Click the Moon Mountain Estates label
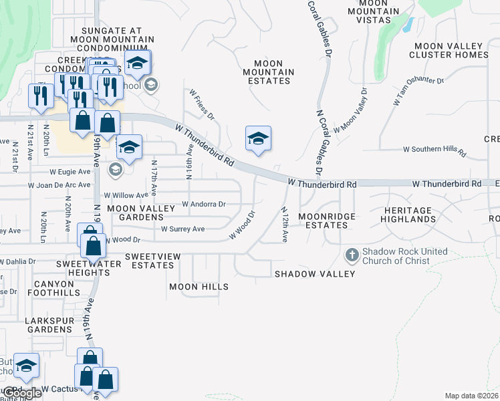[x=267, y=72]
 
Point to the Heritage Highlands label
[x=410, y=215]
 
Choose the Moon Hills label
[x=199, y=287]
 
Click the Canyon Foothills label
[x=53, y=288]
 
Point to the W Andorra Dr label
[x=204, y=205]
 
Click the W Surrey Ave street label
[x=182, y=229]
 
